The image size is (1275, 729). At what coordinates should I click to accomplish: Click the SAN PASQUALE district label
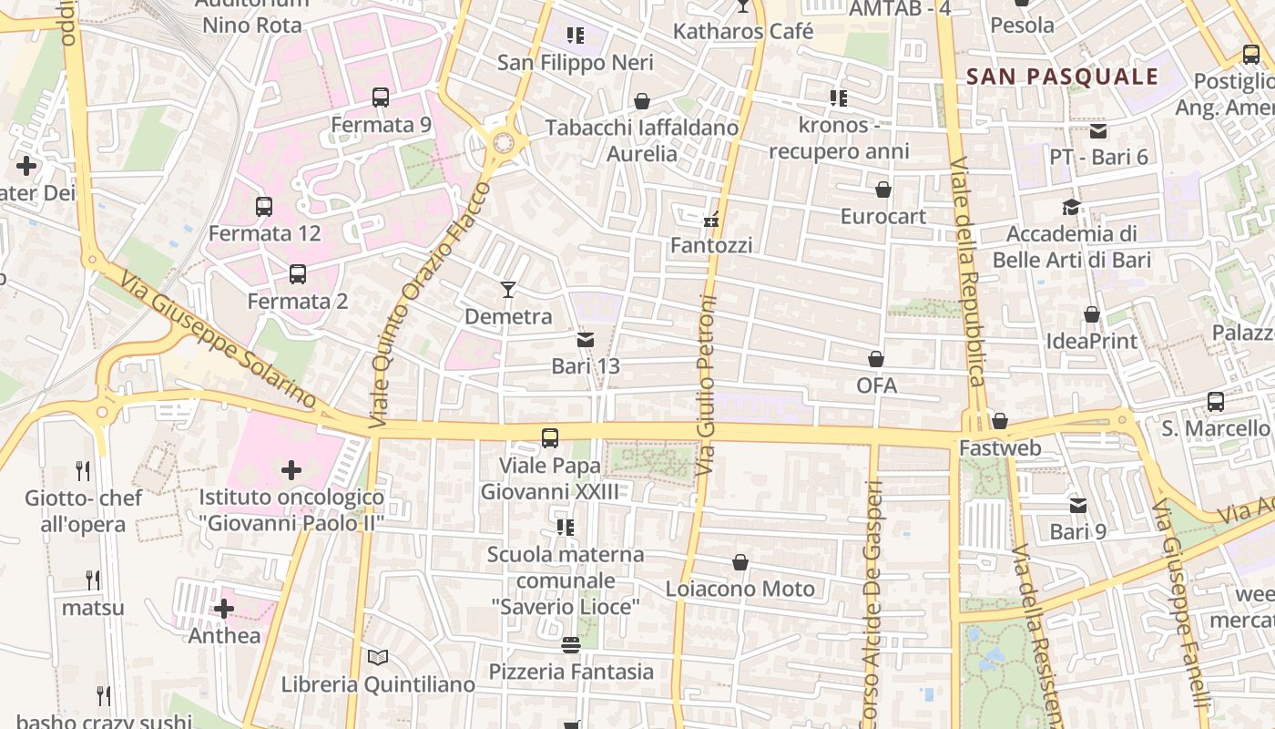coord(1062,77)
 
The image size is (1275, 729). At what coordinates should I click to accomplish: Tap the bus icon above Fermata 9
coord(381,98)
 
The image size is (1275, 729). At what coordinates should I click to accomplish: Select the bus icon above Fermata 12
coord(264,207)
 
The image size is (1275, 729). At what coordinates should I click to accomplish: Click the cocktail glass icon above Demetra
coord(508,290)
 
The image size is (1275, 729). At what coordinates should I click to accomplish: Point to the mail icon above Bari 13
coord(585,340)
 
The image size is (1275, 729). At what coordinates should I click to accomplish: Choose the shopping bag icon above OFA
coord(876,359)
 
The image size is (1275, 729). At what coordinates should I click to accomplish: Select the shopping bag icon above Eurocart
coord(882,190)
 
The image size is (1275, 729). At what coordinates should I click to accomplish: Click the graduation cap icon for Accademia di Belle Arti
coord(1071,208)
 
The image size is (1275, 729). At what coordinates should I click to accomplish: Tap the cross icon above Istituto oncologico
coord(291,470)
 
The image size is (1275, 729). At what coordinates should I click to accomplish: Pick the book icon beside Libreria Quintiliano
coord(378,657)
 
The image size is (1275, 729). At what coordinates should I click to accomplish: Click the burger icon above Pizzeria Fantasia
coord(571,645)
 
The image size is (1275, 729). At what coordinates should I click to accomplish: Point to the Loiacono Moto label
coord(740,590)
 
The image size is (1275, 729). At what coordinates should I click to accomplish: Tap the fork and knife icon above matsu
coord(92,580)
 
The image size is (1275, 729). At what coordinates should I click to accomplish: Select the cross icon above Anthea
coord(224,609)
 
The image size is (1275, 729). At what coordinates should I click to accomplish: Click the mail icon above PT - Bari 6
coord(1098,130)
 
